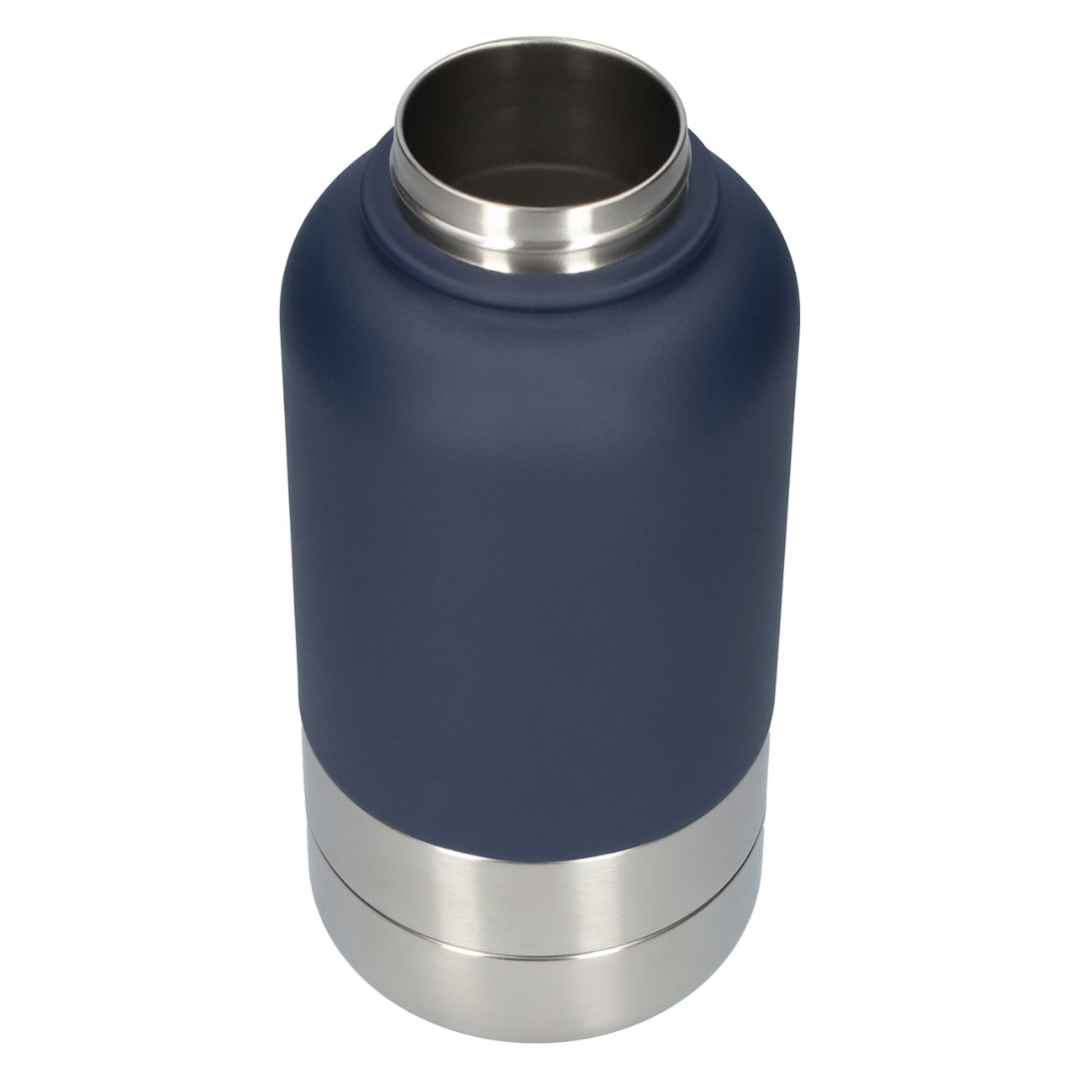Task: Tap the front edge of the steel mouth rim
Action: pos(539,206)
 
